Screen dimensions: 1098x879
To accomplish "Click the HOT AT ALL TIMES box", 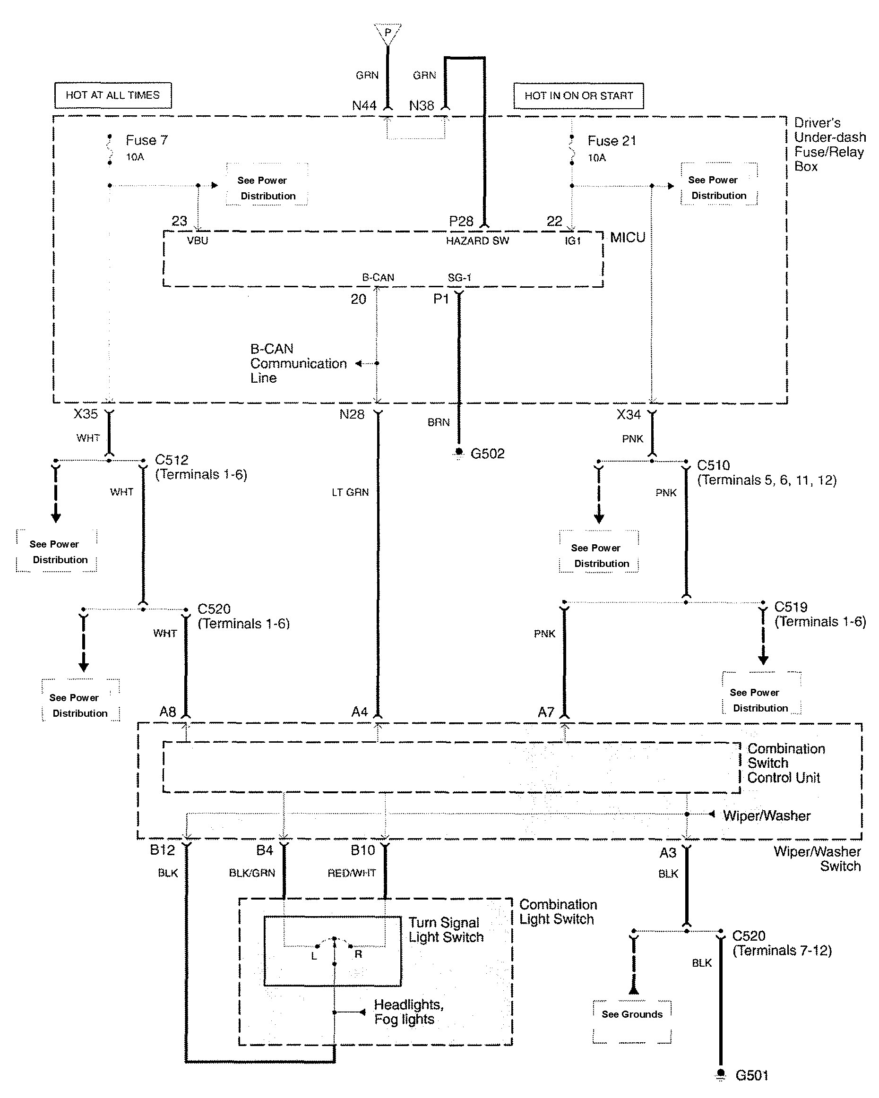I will [112, 95].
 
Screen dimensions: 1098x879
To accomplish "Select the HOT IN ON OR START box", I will [578, 96].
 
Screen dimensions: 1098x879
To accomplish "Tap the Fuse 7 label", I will [146, 141].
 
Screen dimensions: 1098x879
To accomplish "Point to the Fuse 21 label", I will [612, 141].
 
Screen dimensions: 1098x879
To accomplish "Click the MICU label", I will [628, 238].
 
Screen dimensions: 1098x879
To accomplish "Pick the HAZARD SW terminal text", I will [477, 241].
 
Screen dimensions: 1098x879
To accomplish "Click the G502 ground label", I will [487, 454].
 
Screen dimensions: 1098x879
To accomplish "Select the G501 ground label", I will [752, 1075].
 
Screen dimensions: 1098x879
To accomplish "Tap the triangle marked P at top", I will [388, 32].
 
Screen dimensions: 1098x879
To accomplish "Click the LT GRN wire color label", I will [350, 492].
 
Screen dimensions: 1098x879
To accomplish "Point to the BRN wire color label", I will [439, 422].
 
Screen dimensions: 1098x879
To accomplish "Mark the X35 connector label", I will [86, 413].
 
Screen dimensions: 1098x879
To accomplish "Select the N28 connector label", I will [352, 414].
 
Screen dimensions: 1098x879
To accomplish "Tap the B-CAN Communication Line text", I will [298, 364].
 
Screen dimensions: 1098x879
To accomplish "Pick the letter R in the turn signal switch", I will [359, 954].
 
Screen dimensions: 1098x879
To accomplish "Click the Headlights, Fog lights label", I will [408, 1012].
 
